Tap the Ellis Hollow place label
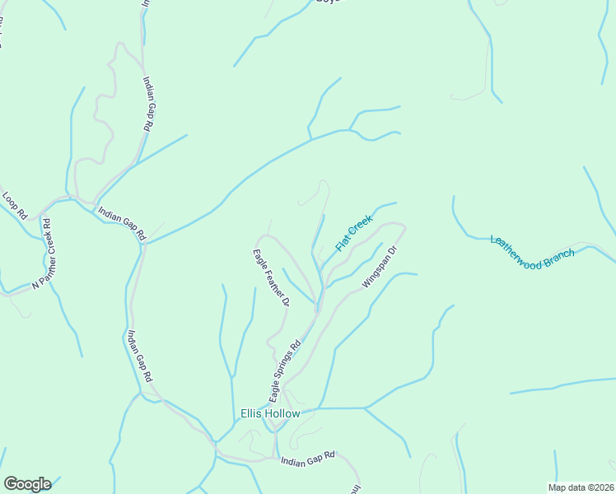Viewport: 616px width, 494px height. point(269,413)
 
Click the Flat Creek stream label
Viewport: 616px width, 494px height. point(354,233)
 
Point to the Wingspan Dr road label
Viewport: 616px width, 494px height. point(380,267)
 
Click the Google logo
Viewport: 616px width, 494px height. point(27,484)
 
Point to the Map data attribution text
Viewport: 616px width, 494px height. point(581,487)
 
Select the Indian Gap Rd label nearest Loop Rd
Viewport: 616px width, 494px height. point(122,223)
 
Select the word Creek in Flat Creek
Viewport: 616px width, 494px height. point(361,226)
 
